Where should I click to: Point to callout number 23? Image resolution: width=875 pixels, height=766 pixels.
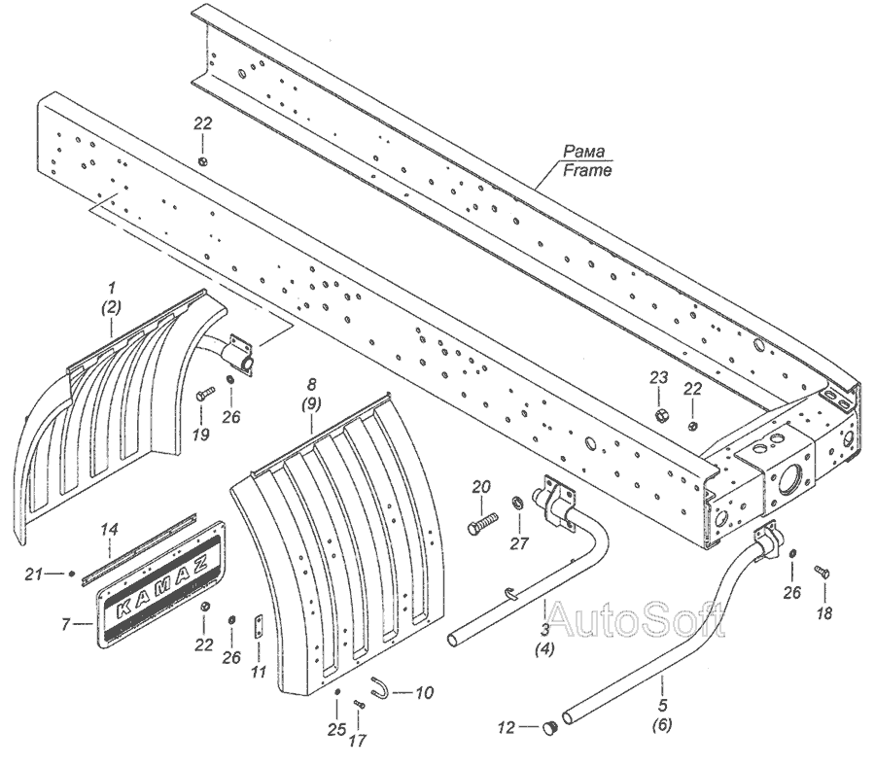click(x=659, y=377)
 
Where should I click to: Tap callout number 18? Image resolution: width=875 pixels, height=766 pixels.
click(x=825, y=614)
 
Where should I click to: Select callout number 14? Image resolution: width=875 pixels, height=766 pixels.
click(x=112, y=530)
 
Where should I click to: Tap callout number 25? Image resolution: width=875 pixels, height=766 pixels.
click(x=336, y=729)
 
